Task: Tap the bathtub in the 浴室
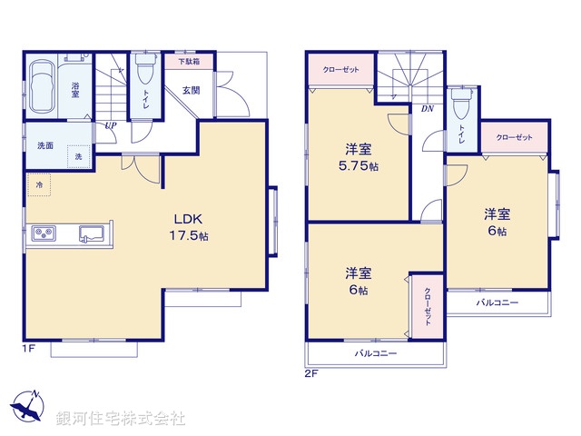point(42,90)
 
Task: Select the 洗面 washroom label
point(44,145)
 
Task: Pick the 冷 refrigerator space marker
point(39,184)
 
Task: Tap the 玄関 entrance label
point(192,89)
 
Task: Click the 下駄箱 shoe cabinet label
point(188,62)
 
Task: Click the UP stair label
point(110,125)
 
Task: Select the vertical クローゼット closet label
point(427,307)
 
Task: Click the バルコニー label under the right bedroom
point(497,302)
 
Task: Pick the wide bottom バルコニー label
point(375,352)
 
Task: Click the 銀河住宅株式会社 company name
point(120,419)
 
